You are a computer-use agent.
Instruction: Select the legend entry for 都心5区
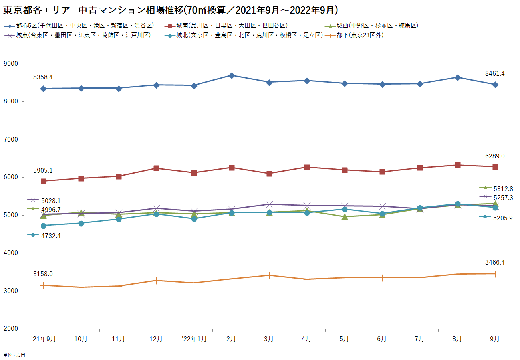[85, 26]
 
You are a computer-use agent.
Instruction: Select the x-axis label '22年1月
[194, 339]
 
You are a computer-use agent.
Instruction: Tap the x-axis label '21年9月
[43, 339]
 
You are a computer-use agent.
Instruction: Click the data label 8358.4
[43, 77]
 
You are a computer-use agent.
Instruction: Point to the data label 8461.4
[494, 73]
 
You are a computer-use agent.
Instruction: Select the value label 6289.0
[494, 156]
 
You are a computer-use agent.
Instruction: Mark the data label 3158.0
[43, 274]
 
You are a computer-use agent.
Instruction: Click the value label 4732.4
[51, 236]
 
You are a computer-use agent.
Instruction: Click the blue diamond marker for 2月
[232, 75]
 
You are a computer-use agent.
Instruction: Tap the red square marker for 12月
[156, 168]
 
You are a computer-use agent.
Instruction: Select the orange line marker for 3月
[269, 275]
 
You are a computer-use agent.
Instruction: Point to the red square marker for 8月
[458, 165]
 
